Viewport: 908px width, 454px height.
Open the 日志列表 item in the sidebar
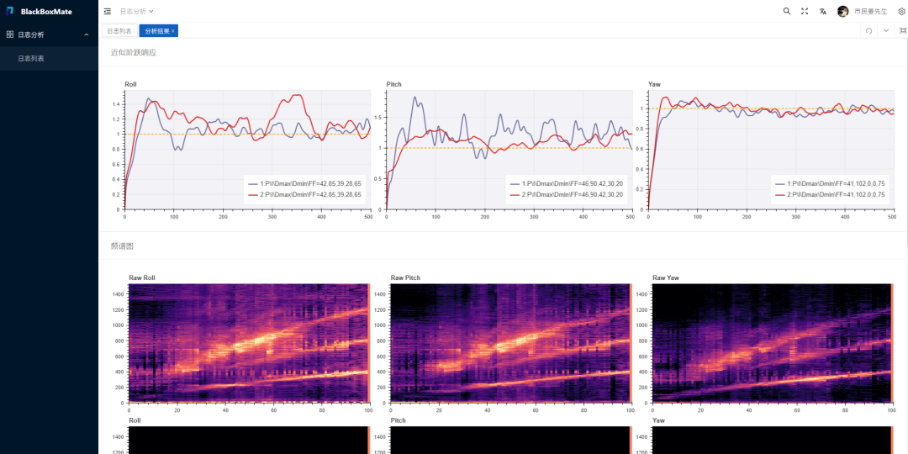click(x=31, y=59)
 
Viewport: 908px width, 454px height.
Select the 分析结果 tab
click(x=156, y=31)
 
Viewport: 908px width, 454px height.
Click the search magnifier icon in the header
click(x=787, y=12)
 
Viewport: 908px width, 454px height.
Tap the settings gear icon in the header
click(x=901, y=12)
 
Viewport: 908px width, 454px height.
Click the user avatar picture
click(x=842, y=12)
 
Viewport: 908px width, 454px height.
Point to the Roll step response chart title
click(x=130, y=84)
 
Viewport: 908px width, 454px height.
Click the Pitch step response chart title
click(x=394, y=84)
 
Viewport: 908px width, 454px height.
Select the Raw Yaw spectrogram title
click(x=666, y=277)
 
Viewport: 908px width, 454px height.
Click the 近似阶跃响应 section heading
click(x=134, y=52)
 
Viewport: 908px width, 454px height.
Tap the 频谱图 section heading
click(x=122, y=246)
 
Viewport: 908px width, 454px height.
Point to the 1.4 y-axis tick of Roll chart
click(x=115, y=104)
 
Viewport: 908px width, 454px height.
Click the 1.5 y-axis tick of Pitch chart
click(x=378, y=118)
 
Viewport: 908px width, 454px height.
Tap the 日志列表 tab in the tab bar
click(x=119, y=31)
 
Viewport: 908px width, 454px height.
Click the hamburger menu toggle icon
click(x=108, y=12)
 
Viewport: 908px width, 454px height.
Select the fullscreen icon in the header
click(x=805, y=12)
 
